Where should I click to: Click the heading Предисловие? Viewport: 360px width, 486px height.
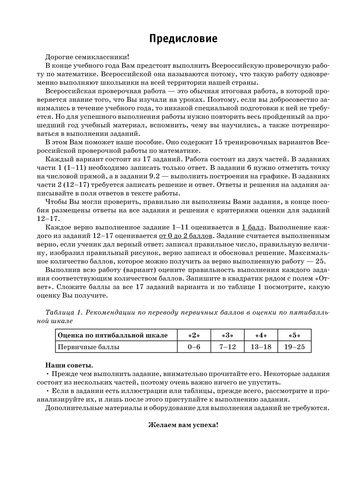click(x=183, y=39)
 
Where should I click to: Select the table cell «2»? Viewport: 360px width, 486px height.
click(x=194, y=335)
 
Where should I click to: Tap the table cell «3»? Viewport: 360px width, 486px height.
click(x=227, y=335)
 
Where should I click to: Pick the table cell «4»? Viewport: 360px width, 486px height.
click(x=261, y=335)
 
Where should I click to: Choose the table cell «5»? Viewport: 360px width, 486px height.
click(x=294, y=335)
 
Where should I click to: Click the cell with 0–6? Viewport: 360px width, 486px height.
click(x=194, y=347)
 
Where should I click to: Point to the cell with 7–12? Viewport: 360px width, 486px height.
click(x=227, y=347)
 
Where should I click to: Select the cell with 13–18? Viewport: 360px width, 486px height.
click(x=261, y=347)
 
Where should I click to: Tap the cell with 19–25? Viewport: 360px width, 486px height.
click(x=294, y=347)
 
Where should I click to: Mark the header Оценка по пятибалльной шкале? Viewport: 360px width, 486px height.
click(x=113, y=335)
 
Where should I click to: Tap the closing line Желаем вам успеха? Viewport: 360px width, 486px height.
click(x=183, y=425)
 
